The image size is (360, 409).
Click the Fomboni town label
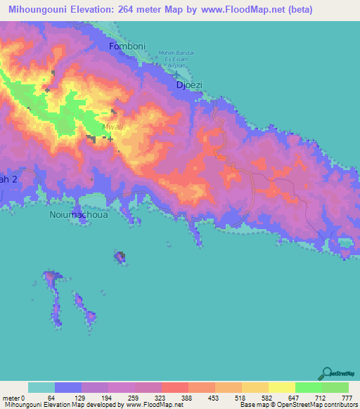127,46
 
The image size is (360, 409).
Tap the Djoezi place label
188,85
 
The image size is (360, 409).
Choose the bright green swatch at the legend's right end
335,387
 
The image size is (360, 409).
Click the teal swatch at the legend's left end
41,387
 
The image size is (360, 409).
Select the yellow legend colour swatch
281,387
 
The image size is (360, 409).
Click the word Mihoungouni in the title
40,10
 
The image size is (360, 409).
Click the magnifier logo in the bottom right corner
328,373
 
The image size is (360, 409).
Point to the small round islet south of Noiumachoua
120,258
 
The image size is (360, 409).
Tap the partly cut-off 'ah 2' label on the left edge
7,180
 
